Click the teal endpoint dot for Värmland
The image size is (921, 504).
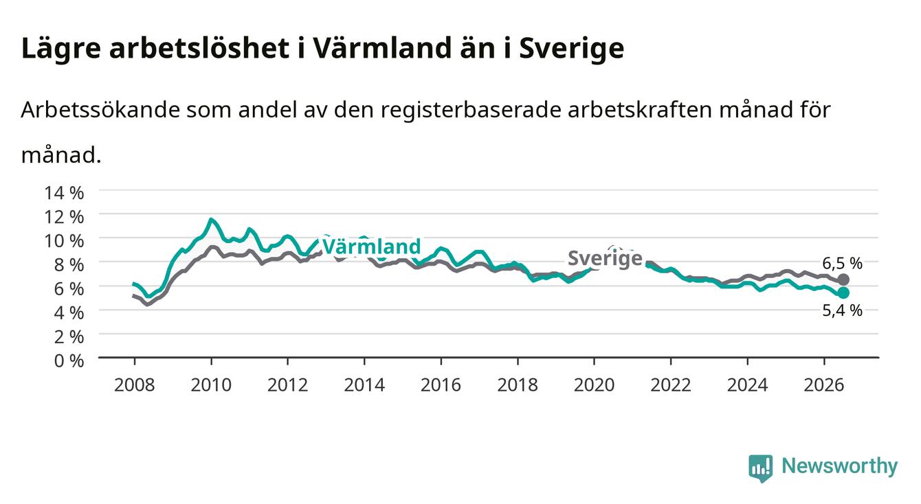tap(843, 293)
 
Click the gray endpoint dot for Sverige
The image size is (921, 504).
tap(843, 279)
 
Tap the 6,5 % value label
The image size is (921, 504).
tap(842, 263)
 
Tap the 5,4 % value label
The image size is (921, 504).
tap(842, 310)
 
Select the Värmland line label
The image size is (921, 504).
tap(372, 247)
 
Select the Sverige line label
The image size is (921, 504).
tap(605, 258)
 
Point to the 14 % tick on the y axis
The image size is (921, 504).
tap(64, 193)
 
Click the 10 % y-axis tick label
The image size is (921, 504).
tap(64, 241)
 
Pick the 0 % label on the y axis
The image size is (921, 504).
tap(69, 360)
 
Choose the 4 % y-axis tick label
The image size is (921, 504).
tap(69, 313)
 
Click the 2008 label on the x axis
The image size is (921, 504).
tap(135, 385)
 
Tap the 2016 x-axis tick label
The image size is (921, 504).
tap(441, 385)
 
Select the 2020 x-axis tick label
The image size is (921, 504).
tap(594, 385)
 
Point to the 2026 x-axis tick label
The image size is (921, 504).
tap(824, 385)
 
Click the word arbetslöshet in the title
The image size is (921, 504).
tap(200, 47)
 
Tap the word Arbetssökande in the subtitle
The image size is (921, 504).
tap(101, 110)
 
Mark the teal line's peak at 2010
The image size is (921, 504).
tap(211, 219)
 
